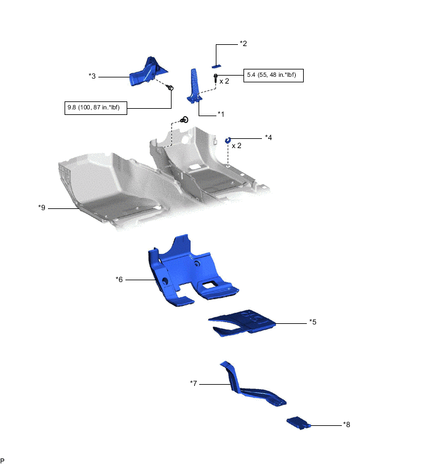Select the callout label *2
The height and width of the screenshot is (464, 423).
[243, 44]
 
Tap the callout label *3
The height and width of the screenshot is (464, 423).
[92, 76]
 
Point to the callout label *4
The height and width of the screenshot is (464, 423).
[268, 137]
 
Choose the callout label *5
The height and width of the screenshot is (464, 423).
[313, 321]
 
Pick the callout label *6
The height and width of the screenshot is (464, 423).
[120, 279]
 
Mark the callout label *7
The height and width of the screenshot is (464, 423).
[194, 383]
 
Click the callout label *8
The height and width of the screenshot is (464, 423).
[347, 424]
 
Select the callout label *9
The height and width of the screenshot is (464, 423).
[42, 208]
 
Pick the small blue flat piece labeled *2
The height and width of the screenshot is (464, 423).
[216, 65]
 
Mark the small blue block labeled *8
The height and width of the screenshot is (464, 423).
[299, 422]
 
